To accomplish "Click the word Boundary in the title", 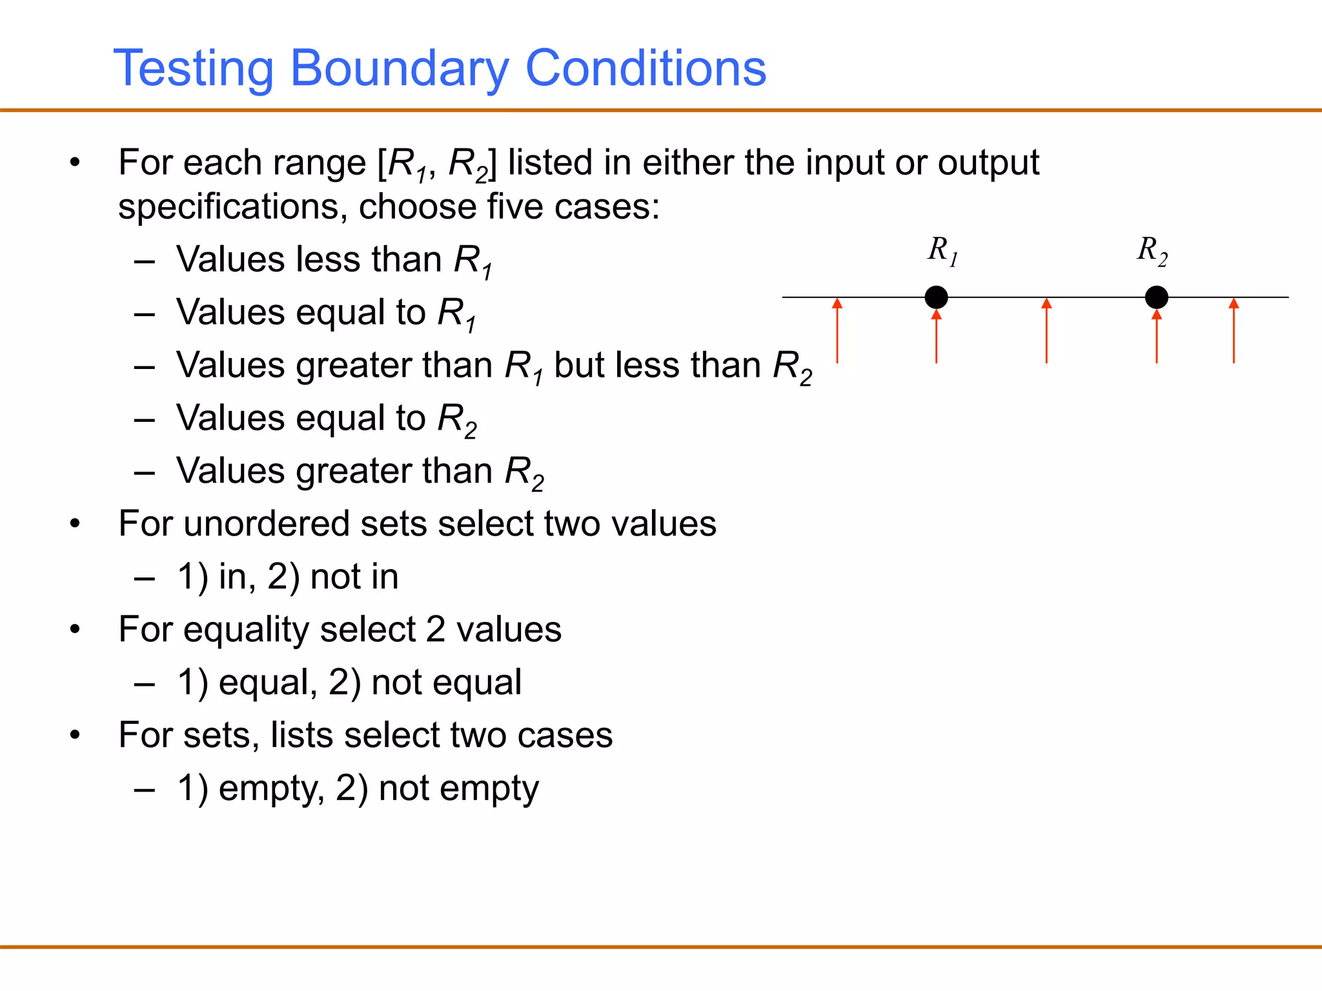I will pos(400,68).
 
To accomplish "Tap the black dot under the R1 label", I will pos(936,297).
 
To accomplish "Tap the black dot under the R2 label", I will pos(1156,297).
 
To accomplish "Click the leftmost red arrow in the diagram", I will pos(837,330).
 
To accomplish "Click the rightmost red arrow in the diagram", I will pos(1234,330).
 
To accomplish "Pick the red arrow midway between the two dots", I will pos(1046,330).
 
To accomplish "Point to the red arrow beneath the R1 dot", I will pos(936,337).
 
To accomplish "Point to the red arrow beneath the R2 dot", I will pos(1156,337).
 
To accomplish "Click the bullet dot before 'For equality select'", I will pos(75,629).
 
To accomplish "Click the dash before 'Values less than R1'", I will pos(145,261).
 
